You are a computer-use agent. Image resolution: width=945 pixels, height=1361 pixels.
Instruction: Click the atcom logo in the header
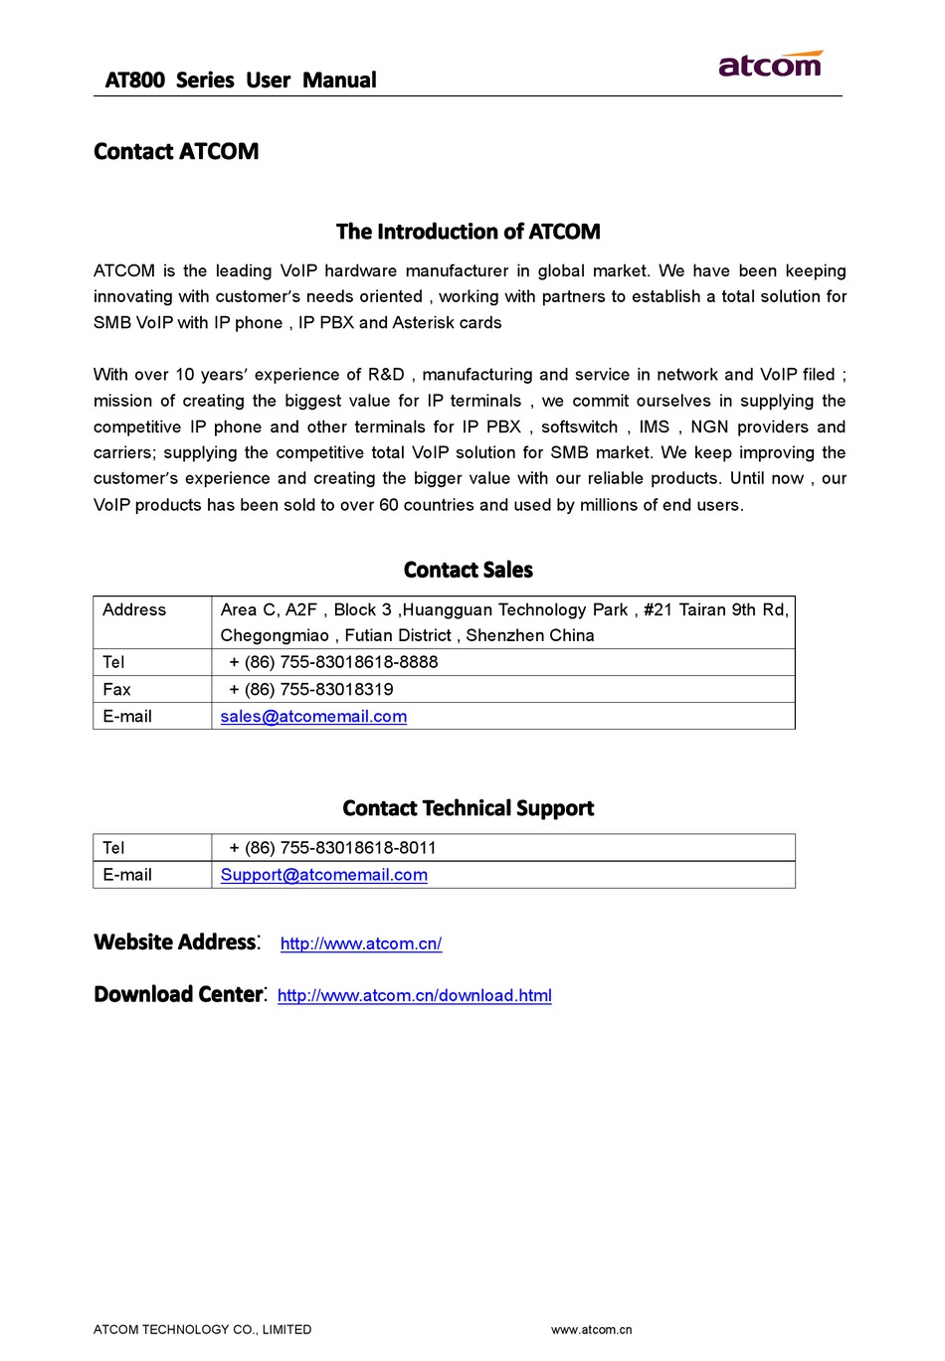pyautogui.click(x=770, y=65)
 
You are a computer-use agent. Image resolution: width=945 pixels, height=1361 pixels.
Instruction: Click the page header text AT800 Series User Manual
pyautogui.click(x=241, y=81)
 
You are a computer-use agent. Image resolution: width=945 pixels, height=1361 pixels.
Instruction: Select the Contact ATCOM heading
pyautogui.click(x=176, y=152)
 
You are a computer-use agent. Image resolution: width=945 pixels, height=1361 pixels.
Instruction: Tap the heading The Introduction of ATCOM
pyautogui.click(x=468, y=232)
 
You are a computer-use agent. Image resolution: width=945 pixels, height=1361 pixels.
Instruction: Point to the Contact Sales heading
pyautogui.click(x=468, y=570)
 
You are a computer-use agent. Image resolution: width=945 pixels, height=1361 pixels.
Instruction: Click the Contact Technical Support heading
pyautogui.click(x=468, y=808)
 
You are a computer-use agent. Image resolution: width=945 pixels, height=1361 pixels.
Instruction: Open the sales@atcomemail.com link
pyautogui.click(x=313, y=717)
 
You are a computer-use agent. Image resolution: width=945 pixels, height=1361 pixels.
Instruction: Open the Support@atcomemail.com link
pyautogui.click(x=323, y=875)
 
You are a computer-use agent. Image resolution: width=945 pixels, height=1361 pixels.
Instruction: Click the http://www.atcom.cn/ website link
pyautogui.click(x=361, y=943)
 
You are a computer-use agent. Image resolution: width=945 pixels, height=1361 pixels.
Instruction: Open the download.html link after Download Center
pyautogui.click(x=414, y=995)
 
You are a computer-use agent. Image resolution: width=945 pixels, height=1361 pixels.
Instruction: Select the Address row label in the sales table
pyautogui.click(x=134, y=610)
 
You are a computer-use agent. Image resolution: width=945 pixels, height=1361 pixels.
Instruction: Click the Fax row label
pyautogui.click(x=116, y=690)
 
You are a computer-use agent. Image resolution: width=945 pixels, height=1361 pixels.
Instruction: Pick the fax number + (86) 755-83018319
pyautogui.click(x=310, y=690)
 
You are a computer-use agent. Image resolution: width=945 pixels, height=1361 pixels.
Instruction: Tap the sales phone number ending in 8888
pyautogui.click(x=333, y=662)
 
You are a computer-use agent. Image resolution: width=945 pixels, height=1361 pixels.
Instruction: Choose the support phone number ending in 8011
pyautogui.click(x=332, y=848)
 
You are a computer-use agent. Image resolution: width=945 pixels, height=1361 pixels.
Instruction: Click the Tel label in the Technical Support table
pyautogui.click(x=113, y=848)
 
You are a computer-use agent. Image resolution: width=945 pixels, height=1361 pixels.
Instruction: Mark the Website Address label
pyautogui.click(x=175, y=942)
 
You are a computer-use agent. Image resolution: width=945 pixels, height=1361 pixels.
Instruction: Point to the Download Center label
pyautogui.click(x=179, y=995)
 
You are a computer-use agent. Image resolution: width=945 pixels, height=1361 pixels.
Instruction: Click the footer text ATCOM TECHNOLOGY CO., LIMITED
pyautogui.click(x=202, y=1329)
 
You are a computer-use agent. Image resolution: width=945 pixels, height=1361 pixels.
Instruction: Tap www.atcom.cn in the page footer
pyautogui.click(x=591, y=1329)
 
